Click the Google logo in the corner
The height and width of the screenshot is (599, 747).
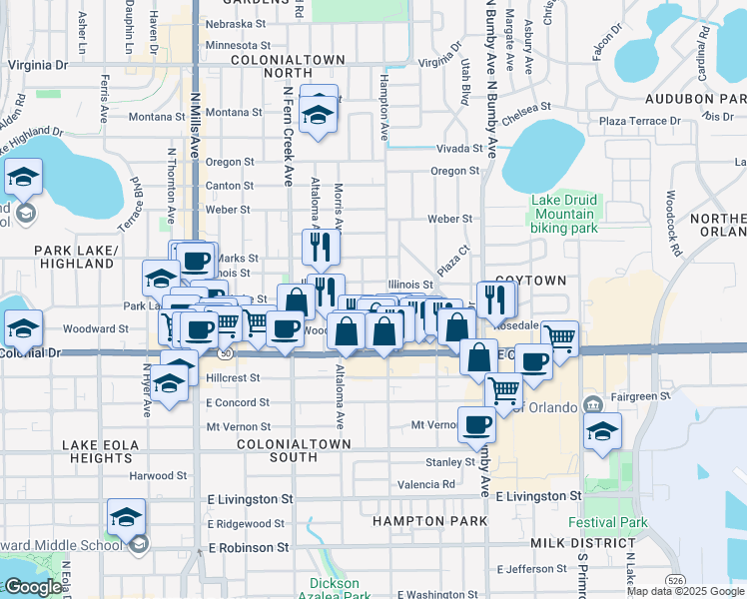click(x=32, y=587)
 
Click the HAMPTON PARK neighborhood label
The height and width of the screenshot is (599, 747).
click(x=429, y=521)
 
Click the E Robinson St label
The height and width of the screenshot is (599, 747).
click(x=248, y=548)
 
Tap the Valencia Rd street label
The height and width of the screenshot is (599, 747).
click(x=426, y=484)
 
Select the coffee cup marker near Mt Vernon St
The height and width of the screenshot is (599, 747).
click(x=476, y=424)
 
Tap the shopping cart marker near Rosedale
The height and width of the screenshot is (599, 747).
click(x=559, y=338)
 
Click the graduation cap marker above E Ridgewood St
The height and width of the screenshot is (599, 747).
click(x=127, y=516)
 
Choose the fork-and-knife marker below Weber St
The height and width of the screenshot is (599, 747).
click(x=321, y=246)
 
